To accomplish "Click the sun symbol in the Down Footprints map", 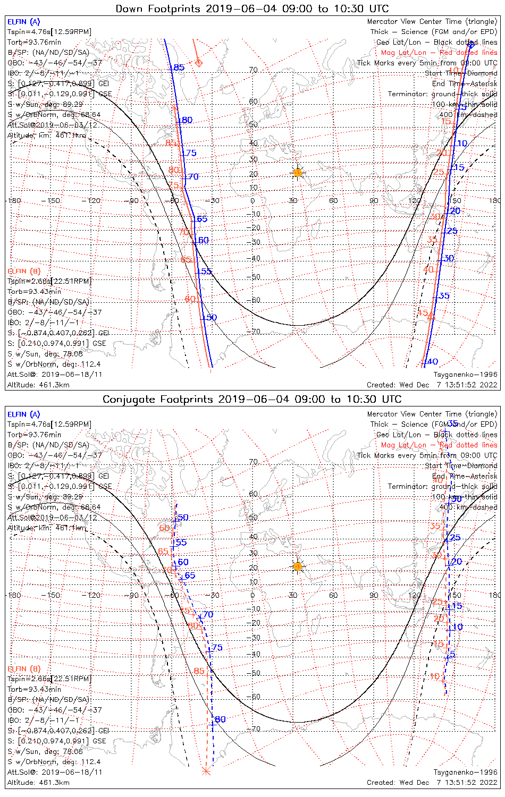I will click(297, 172).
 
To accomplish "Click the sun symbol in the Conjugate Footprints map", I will click(297, 566).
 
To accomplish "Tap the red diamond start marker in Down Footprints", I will click(199, 63).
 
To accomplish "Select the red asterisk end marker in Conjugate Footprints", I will click(206, 770).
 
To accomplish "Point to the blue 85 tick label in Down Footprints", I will click(179, 67).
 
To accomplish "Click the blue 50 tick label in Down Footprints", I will click(211, 317).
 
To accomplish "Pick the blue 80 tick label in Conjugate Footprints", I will click(220, 719).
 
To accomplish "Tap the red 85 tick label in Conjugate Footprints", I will click(199, 671).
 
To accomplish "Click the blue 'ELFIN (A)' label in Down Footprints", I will click(23, 22).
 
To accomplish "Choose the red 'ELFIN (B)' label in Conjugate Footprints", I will click(23, 668).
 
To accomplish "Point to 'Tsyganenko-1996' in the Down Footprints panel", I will click(465, 374).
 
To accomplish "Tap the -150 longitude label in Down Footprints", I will click(53, 200).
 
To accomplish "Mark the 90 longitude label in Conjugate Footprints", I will click(374, 595).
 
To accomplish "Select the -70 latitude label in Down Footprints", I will click(254, 332).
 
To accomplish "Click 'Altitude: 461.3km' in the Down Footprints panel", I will click(38, 385).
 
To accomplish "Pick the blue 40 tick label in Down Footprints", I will click(433, 362).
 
